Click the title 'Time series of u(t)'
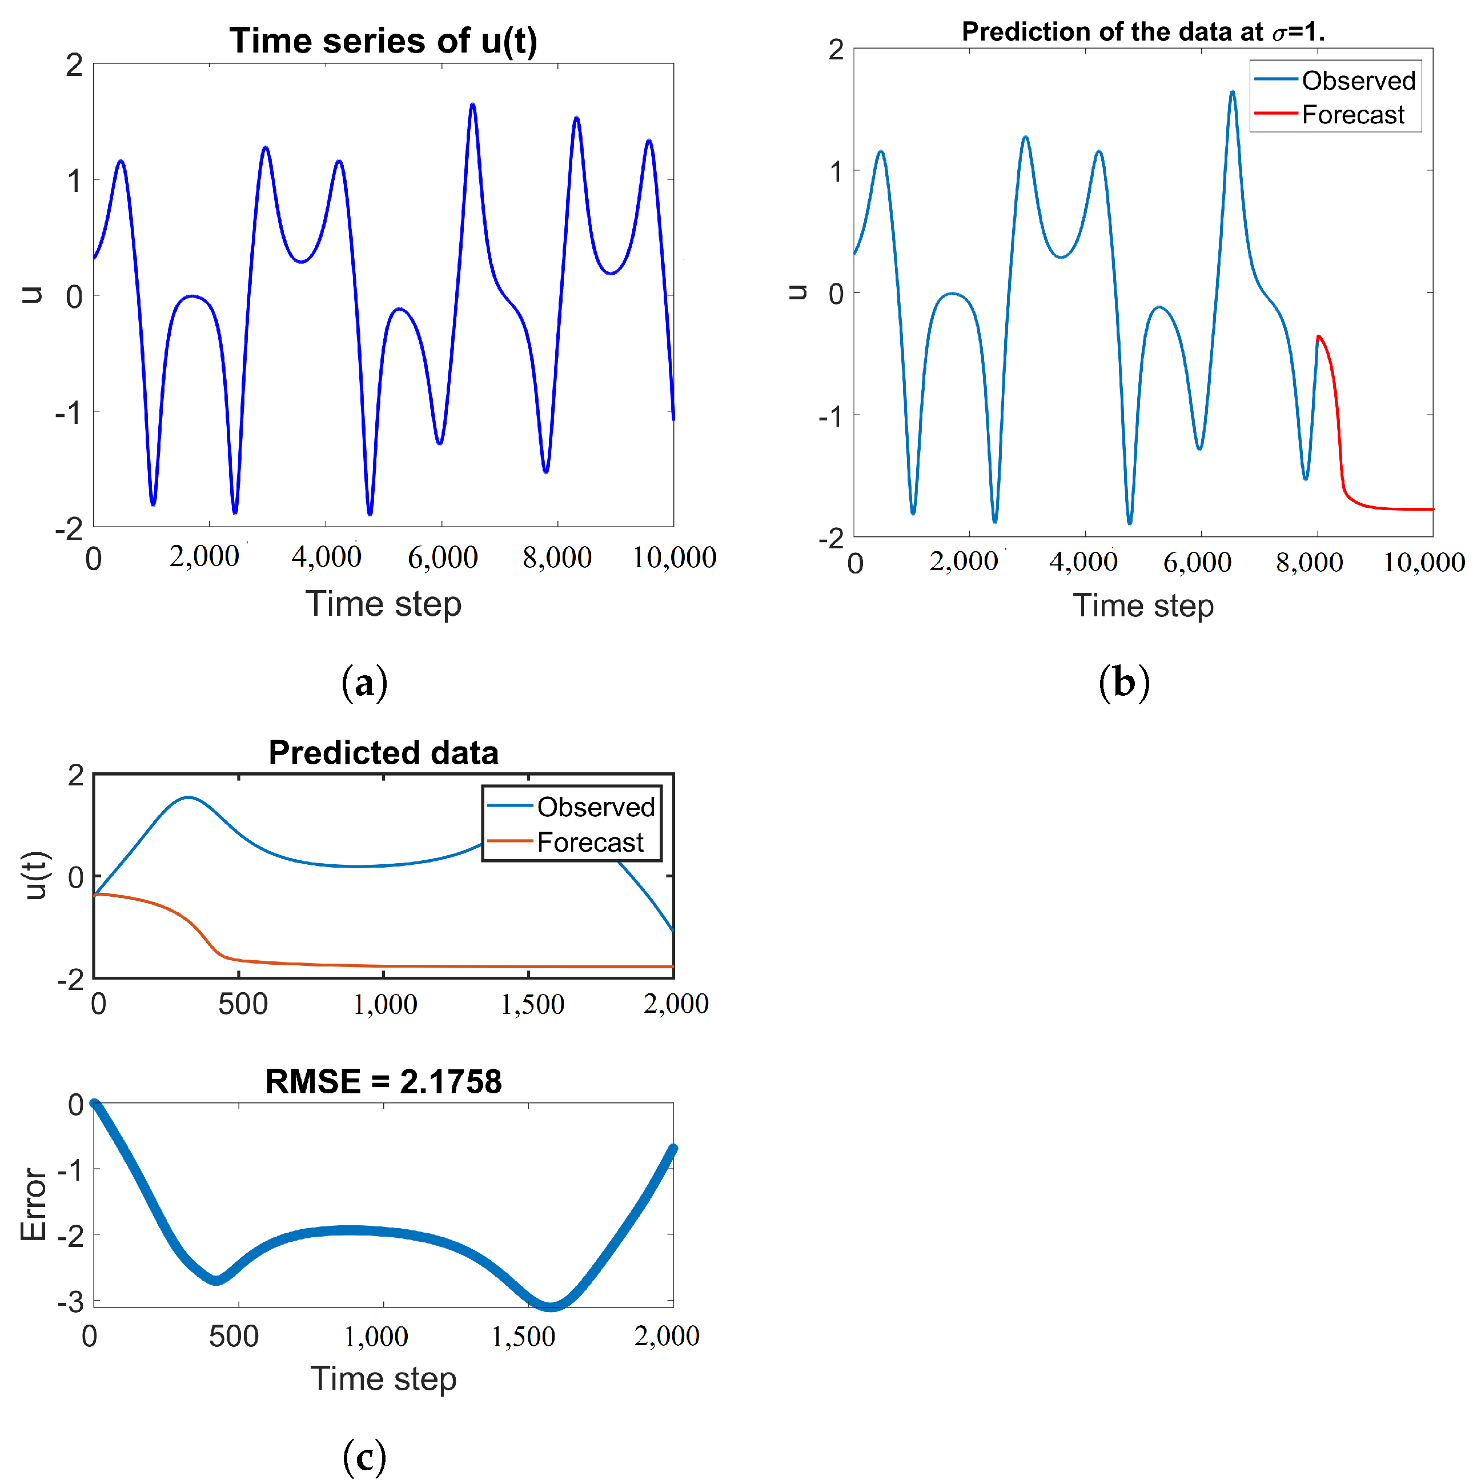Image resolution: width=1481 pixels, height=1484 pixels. (383, 41)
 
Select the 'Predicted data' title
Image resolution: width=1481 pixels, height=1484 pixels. (383, 753)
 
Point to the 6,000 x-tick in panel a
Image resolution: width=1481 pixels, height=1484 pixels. (443, 557)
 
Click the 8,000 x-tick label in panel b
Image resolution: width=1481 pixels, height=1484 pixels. (1309, 562)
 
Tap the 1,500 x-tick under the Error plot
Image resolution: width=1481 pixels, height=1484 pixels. (523, 1337)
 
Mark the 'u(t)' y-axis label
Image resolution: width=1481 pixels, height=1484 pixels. (36, 876)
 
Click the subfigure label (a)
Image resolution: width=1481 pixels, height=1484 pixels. (364, 682)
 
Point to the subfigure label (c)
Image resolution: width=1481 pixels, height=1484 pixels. (364, 1457)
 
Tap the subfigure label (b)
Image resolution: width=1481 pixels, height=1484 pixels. (1124, 682)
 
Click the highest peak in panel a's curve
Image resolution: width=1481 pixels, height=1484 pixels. (472, 105)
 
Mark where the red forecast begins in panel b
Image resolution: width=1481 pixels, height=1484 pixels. (1318, 337)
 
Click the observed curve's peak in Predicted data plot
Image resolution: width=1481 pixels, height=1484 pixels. (188, 798)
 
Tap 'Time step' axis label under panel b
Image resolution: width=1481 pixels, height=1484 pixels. (1143, 606)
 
